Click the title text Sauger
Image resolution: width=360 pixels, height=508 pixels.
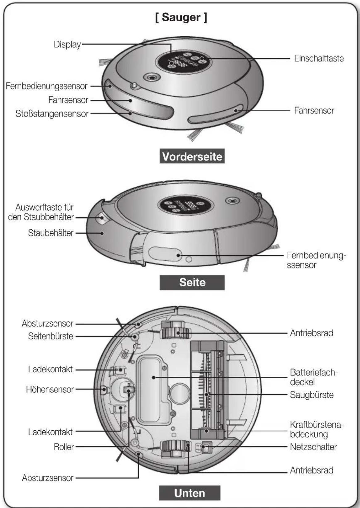pos(181,18)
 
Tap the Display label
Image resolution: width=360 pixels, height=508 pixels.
pos(67,44)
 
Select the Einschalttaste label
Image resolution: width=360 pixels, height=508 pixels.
pos(319,59)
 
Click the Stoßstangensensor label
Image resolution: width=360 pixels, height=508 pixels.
pos(52,114)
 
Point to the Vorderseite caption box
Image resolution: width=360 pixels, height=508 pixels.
pos(192,156)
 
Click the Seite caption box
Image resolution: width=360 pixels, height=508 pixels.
pos(192,283)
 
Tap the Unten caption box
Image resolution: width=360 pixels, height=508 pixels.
pos(190,493)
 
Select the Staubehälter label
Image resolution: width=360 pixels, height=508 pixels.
pos(51,233)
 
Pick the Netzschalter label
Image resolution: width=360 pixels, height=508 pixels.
pos(313,447)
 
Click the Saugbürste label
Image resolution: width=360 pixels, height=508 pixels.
pos(312,395)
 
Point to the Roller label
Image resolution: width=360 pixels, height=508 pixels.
pos(64,447)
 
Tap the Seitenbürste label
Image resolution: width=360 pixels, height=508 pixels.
pos(51,336)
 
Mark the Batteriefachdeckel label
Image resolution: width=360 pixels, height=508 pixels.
pos(314,377)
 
